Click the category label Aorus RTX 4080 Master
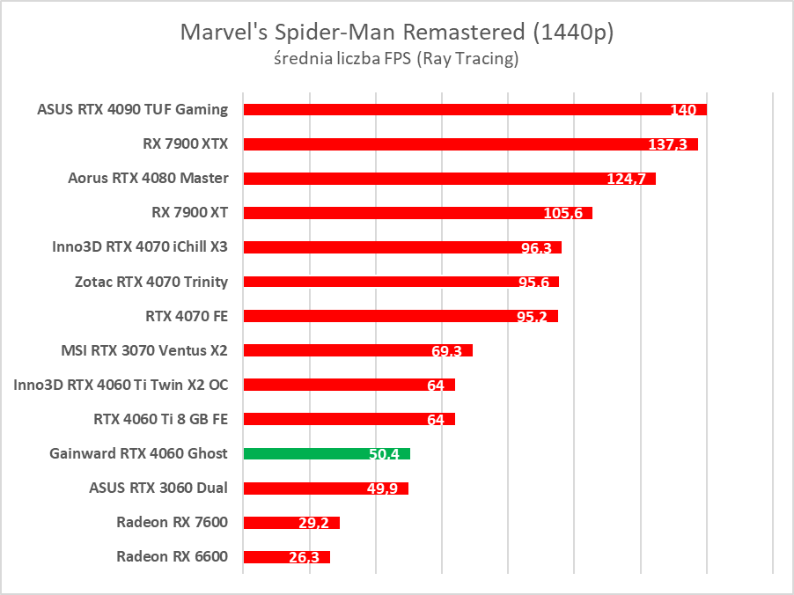pos(148,178)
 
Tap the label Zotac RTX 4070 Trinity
pos(151,282)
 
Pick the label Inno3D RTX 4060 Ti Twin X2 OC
pos(121,385)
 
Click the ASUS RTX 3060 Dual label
pos(158,488)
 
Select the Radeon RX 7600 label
pos(172,522)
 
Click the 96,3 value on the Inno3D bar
pos(536,248)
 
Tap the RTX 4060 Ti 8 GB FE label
pos(160,419)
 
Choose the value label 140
pos(682,110)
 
